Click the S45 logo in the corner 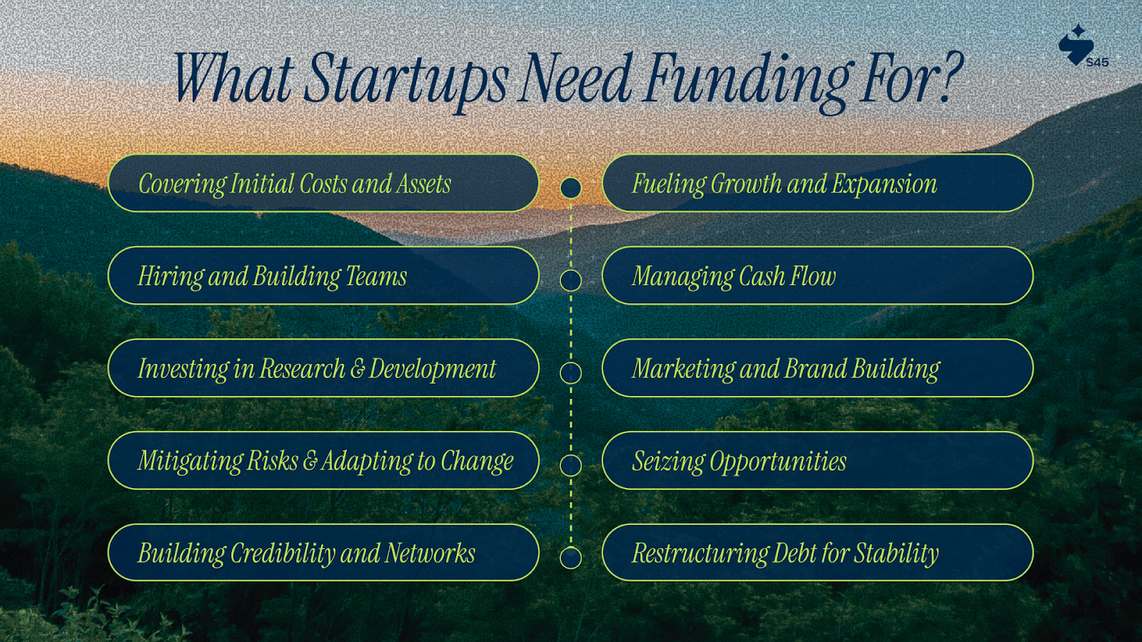coord(1083,46)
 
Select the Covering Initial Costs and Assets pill coord(323,183)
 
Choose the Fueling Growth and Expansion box coord(818,183)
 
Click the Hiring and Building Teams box coord(323,275)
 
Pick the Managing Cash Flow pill coord(818,275)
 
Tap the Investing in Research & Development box coord(323,368)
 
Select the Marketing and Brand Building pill coord(818,368)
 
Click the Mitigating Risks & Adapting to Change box coord(323,461)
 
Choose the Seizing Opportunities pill coord(818,461)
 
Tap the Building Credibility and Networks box coord(323,553)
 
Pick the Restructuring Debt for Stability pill coord(818,553)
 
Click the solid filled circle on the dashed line coord(570,188)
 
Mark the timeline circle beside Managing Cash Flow coord(570,270)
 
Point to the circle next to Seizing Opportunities coord(570,454)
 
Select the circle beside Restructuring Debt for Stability coord(570,547)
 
